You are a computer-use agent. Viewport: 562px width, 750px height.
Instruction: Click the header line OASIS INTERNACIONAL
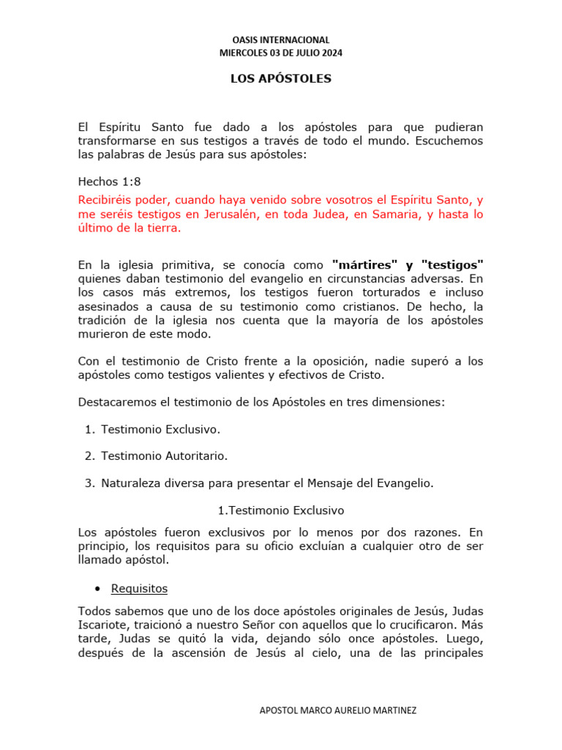pos(281,40)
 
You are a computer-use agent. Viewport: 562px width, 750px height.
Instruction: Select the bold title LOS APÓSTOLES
pos(281,79)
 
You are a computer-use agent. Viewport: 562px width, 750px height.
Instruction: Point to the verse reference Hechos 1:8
pos(109,181)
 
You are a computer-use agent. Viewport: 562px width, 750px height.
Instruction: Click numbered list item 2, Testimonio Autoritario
pos(164,456)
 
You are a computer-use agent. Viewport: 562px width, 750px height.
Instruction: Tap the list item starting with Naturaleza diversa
pos(267,483)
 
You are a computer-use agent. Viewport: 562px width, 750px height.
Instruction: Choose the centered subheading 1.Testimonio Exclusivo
pos(281,510)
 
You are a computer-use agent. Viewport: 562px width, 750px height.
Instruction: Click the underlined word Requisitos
pos(139,588)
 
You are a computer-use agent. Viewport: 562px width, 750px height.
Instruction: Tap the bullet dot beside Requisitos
pos(97,589)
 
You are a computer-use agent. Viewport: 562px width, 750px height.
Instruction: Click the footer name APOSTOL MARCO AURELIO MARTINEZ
pos(339,711)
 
